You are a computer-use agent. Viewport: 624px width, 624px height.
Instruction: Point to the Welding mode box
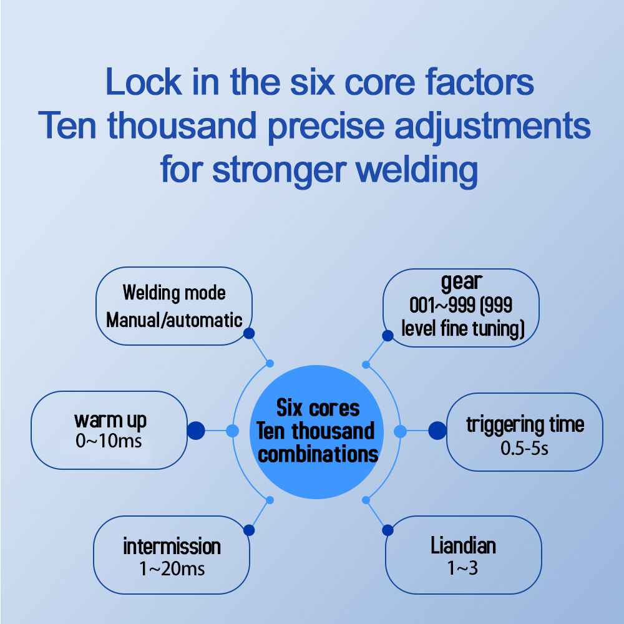coord(173,306)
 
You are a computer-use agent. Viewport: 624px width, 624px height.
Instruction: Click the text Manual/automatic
coord(174,321)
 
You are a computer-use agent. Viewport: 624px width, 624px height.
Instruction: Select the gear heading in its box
coord(461,283)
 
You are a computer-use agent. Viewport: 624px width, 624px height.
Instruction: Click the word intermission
coord(172,547)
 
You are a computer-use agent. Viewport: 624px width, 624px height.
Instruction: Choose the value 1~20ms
coord(172,568)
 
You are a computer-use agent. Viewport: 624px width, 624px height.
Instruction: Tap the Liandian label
coord(463,546)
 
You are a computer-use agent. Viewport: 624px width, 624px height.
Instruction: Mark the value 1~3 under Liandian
coord(463,568)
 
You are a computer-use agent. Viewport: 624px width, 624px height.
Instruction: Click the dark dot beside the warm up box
coord(196,430)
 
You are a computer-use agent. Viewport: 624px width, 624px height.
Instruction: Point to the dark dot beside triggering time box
coord(437,430)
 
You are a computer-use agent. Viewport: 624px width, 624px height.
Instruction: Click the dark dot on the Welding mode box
coord(249,334)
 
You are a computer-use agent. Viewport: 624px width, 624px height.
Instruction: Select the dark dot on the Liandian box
coord(388,530)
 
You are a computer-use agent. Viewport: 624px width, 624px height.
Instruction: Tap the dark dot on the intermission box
coord(249,530)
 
